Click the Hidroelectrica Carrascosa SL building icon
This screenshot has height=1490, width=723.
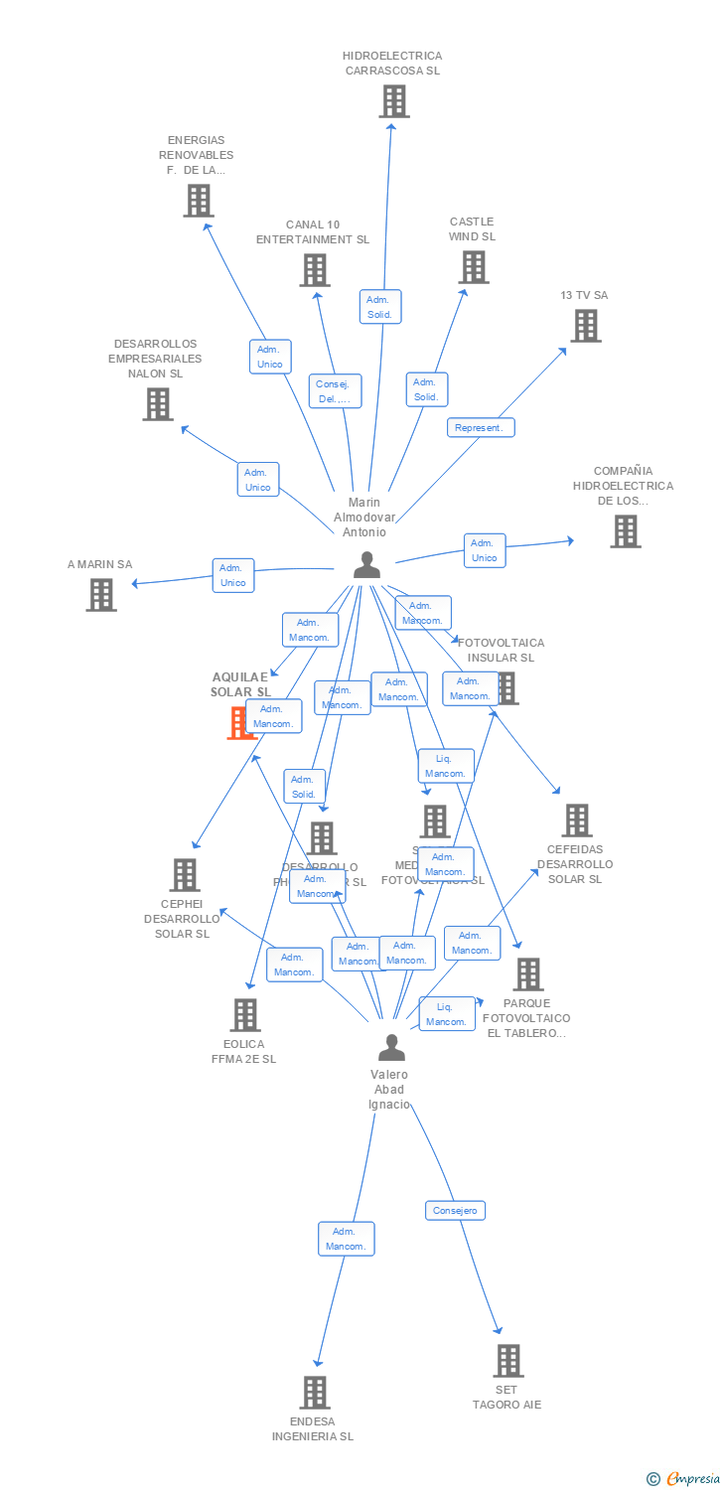tap(393, 101)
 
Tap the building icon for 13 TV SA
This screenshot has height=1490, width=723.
tap(585, 326)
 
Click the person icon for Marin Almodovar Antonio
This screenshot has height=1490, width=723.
tap(366, 564)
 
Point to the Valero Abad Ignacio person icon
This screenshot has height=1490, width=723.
tap(391, 1047)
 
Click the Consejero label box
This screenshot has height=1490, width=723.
tap(456, 1210)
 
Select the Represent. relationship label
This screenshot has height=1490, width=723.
tap(481, 427)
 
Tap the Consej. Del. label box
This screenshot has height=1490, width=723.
tap(335, 391)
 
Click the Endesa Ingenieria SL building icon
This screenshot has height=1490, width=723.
tap(314, 1393)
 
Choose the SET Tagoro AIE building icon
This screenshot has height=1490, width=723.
tap(507, 1361)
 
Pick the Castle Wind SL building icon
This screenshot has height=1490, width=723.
tap(473, 267)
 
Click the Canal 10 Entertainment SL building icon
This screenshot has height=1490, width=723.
tap(314, 270)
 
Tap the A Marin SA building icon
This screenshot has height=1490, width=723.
tap(100, 595)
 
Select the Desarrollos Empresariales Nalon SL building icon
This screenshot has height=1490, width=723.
tap(157, 404)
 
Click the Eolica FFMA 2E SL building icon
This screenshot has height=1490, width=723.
tap(244, 1015)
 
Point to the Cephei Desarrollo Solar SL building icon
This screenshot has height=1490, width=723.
tap(185, 875)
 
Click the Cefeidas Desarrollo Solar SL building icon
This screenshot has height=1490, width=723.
tap(576, 820)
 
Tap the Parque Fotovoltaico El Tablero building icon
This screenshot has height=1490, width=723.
tap(527, 974)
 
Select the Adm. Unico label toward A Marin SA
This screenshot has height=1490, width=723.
tap(233, 575)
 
